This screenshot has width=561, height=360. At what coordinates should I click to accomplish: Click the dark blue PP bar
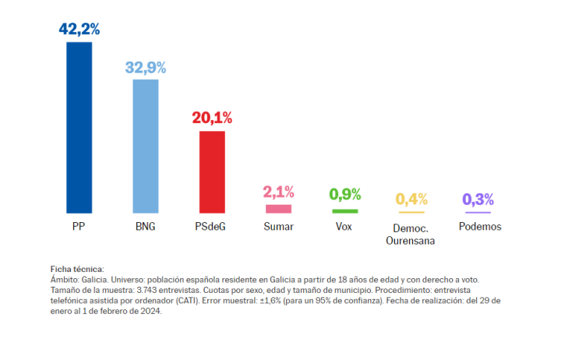79,127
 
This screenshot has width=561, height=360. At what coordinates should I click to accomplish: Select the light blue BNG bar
146,146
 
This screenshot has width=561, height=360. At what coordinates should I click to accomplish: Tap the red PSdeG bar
212,171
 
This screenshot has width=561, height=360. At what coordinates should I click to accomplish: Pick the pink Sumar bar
278,208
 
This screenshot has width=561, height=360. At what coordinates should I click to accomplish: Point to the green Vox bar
345,211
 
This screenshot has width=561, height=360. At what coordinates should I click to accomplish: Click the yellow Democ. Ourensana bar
411,212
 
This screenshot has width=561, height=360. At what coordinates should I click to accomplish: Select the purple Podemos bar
478,212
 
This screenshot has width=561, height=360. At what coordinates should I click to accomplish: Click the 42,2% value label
79,30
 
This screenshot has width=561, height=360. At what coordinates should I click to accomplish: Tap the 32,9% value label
146,67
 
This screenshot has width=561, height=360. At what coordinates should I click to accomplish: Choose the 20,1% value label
212,118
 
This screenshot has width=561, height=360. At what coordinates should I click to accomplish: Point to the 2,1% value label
278,192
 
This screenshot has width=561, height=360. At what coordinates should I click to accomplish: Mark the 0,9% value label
345,195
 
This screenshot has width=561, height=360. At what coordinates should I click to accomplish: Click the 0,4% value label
411,199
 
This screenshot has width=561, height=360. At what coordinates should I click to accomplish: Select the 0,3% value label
478,199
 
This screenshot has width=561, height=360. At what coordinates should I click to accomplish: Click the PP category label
79,227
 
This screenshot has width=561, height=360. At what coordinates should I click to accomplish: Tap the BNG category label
146,227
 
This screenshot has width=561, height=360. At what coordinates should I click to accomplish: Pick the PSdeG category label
212,227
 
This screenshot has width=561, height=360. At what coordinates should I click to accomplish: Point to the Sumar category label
278,227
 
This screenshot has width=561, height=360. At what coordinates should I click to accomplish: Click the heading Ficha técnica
76,269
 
